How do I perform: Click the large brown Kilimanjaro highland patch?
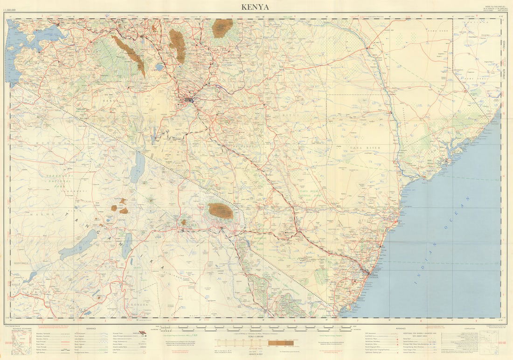(221, 211)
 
